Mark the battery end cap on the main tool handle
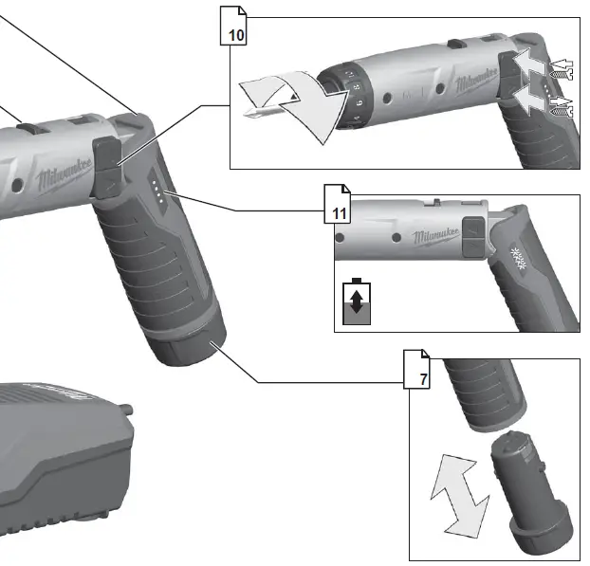(x=191, y=350)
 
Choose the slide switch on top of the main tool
(x=30, y=126)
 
